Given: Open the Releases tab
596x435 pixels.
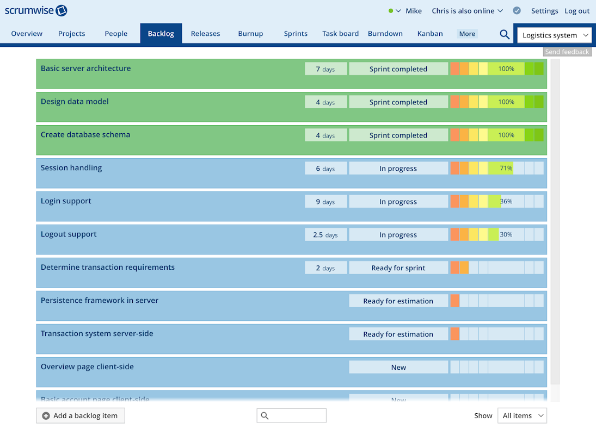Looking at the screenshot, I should pos(205,34).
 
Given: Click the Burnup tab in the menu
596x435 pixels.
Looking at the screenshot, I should pos(250,34).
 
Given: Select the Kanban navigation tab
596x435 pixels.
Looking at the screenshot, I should pos(430,34).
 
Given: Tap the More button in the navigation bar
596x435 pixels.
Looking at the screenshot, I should pos(467,34).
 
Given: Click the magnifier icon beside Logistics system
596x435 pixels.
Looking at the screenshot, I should pos(505,35).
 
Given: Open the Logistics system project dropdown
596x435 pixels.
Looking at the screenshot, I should pos(554,35).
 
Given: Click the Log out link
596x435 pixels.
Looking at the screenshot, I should pos(577,11).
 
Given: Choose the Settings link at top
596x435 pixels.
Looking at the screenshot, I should pos(544,11).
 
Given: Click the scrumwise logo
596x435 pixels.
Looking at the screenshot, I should pos(36,10).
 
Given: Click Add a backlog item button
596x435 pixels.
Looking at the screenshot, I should pos(81,415).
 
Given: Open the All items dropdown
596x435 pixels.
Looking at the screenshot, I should pos(522,415).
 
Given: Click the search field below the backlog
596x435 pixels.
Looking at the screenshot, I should pos(292,415).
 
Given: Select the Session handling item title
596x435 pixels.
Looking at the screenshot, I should pos(71,168).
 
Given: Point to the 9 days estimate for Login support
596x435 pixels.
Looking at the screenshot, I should pos(325,202).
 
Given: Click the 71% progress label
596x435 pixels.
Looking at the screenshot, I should pos(506,169).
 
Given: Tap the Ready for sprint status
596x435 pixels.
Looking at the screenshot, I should pos(398,268).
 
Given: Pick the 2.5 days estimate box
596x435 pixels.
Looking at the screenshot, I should pos(325,235).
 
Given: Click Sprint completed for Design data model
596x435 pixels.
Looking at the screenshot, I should pos(398,102).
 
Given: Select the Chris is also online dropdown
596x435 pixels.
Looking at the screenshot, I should pos(467,11).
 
